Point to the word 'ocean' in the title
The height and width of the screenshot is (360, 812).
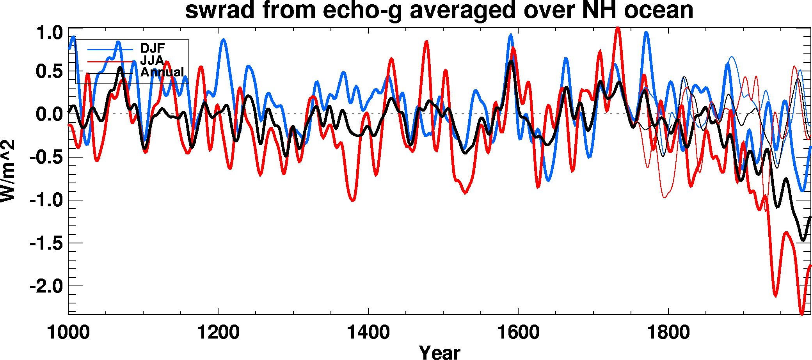click(658, 10)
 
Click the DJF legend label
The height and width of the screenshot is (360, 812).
click(153, 48)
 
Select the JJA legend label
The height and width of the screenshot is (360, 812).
click(152, 60)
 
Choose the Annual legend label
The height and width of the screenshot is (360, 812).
click(162, 72)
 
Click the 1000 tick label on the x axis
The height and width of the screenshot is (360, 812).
click(68, 333)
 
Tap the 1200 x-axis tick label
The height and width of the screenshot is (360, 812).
click(218, 333)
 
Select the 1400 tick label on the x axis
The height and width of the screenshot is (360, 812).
click(368, 333)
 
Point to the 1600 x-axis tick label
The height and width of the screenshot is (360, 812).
click(518, 333)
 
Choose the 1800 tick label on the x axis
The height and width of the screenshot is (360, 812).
click(668, 333)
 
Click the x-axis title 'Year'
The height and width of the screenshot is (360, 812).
click(440, 352)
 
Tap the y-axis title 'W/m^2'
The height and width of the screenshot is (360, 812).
click(8, 171)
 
